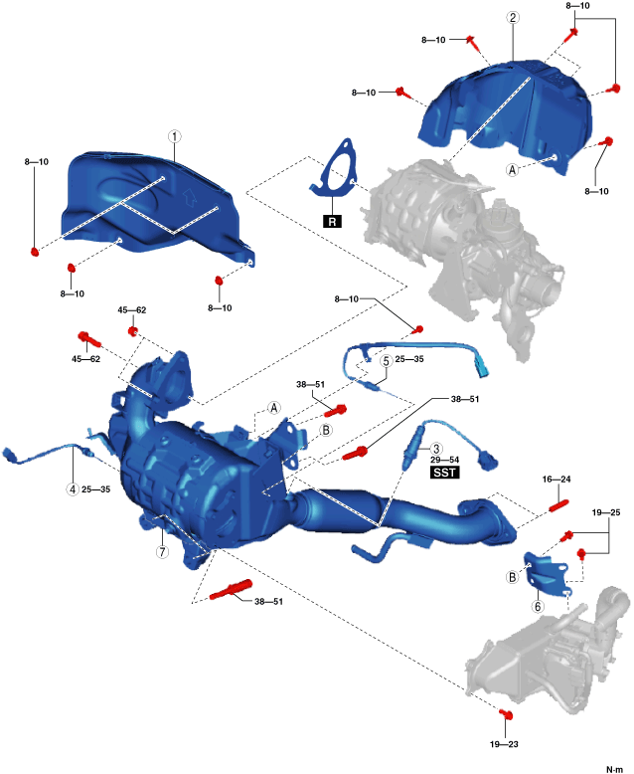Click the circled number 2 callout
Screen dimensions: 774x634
pos(512,18)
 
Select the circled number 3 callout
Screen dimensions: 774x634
pos(434,450)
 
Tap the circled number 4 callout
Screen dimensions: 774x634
pos(72,488)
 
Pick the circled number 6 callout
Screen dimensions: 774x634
pos(538,606)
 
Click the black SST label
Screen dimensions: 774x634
pos(444,474)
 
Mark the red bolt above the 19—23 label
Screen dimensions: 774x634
pos(505,713)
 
